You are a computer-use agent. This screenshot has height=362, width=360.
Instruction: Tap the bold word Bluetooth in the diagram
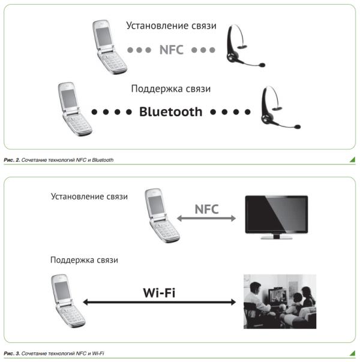click(171, 111)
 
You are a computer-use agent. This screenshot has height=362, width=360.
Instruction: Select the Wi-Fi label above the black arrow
click(159, 293)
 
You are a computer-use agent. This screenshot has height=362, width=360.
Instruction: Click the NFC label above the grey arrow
click(206, 209)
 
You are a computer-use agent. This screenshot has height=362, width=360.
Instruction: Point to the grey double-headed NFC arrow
click(206, 220)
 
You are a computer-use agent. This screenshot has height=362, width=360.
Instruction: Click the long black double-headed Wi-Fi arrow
click(159, 303)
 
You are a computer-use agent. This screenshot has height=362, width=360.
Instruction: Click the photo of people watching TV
click(279, 301)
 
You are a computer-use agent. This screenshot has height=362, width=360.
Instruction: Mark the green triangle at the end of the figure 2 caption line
click(351, 160)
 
